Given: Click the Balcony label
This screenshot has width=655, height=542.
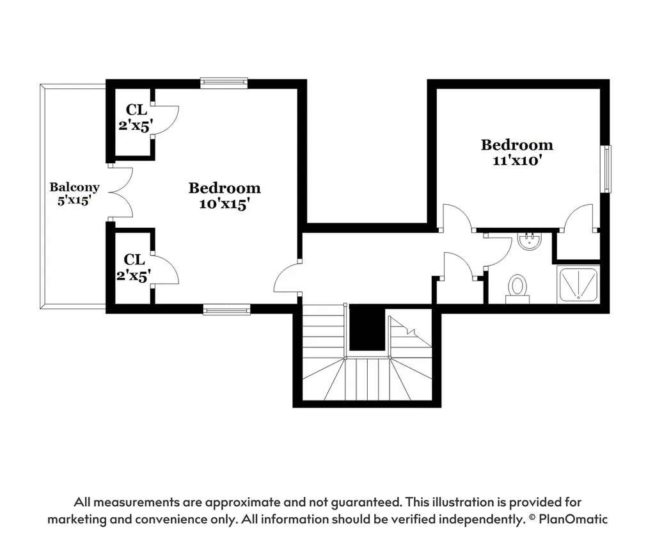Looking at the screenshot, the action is tap(74, 187).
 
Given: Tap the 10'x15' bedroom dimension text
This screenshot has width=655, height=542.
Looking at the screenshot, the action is tap(225, 204).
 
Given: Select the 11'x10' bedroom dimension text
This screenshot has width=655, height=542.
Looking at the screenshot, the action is tap(517, 161).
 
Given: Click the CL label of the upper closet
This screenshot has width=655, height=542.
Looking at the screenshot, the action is tap(136, 110).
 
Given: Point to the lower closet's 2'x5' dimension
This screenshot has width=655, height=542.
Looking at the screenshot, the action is tap(133, 275).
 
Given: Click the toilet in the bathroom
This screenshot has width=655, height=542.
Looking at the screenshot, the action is tap(517, 289).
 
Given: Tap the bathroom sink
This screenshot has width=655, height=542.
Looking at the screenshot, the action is tap(530, 241).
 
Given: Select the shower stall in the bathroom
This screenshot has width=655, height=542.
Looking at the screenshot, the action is tap(578, 285).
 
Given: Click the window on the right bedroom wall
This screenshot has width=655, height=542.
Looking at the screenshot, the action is tap(606, 169).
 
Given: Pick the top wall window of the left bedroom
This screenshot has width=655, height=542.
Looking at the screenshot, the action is tap(224, 83).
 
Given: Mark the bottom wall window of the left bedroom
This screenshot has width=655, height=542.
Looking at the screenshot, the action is tap(227, 310).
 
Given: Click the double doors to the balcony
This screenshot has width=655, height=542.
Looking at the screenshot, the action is tap(121, 193).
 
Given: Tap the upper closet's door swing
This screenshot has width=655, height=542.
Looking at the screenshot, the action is tap(164, 120).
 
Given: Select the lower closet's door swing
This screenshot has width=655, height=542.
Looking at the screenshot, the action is tap(164, 269).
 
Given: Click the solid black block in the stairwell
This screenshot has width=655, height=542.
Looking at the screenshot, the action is tap(367, 328).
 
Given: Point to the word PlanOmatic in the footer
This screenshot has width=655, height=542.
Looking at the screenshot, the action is tap(573, 519).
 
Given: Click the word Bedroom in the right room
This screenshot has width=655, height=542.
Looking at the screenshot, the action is tap(517, 145).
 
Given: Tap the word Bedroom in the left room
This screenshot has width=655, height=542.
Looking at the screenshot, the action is tap(225, 188).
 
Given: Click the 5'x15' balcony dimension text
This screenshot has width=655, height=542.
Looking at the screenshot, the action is tap(74, 200).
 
